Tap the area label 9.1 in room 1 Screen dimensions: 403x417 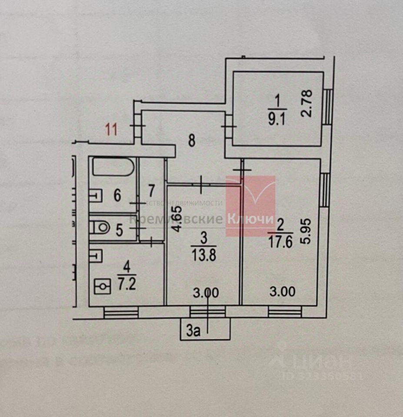[x=276, y=118]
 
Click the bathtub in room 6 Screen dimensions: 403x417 [x=113, y=167]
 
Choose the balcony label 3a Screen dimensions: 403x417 [x=193, y=332]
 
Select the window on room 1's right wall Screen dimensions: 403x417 [x=329, y=106]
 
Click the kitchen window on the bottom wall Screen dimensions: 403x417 [x=121, y=312]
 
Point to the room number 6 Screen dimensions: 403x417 [x=117, y=195]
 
